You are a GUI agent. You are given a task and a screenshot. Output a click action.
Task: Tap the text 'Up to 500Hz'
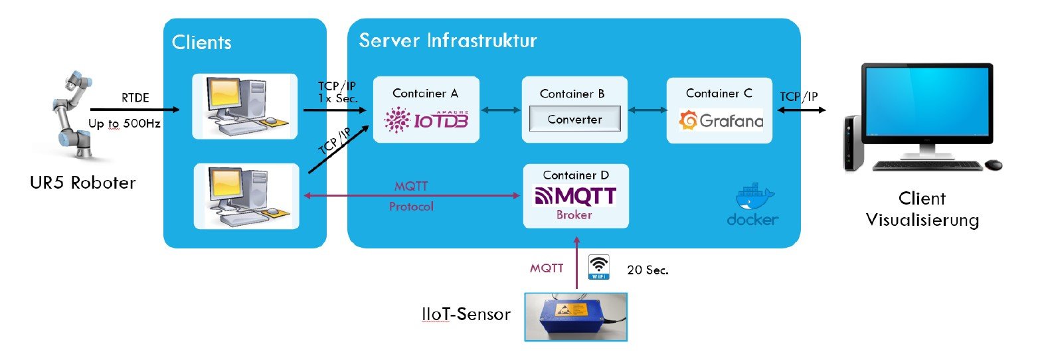pyautogui.click(x=124, y=124)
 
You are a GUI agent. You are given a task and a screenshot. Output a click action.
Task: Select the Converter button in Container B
pyautogui.click(x=574, y=120)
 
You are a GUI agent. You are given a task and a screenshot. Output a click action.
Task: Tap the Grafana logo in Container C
pyautogui.click(x=720, y=122)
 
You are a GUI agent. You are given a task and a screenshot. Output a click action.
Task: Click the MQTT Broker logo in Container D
pyautogui.click(x=575, y=196)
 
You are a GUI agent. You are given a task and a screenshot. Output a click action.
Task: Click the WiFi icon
pyautogui.click(x=599, y=268)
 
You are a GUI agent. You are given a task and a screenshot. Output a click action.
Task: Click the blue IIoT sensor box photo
pyautogui.click(x=576, y=317)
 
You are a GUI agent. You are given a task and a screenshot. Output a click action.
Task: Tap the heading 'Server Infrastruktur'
pyautogui.click(x=448, y=40)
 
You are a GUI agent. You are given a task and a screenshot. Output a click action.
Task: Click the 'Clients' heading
pyautogui.click(x=201, y=43)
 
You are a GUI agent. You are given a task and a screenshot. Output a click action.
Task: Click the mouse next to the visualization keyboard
pyautogui.click(x=994, y=164)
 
